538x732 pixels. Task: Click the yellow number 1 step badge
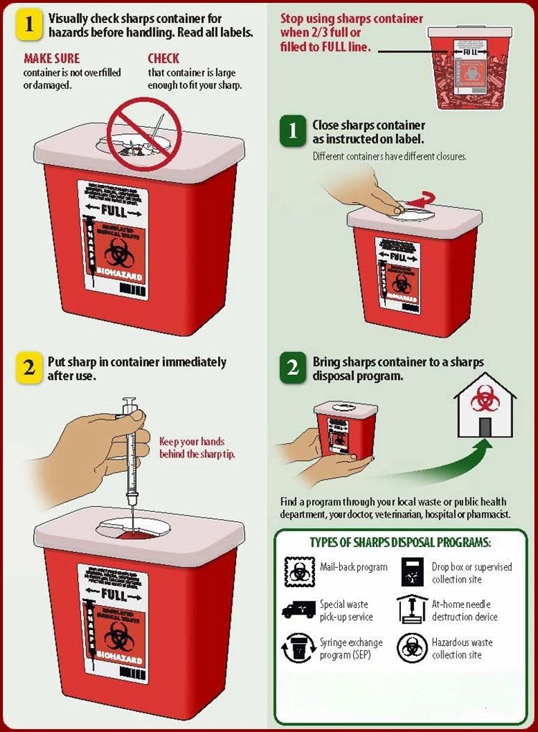point(29,24)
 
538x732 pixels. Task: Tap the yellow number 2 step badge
point(29,368)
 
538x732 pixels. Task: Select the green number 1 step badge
point(293,132)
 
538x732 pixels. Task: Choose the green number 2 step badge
point(293,369)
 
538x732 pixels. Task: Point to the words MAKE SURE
point(52,58)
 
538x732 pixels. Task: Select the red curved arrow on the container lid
point(424,199)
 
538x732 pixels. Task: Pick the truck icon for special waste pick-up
point(298,610)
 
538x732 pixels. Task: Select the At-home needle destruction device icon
point(412,609)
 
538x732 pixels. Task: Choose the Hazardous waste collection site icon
point(412,648)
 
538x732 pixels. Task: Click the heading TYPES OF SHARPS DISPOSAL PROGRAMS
point(400,542)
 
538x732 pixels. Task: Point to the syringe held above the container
point(131,452)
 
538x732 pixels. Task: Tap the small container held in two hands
point(346,429)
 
